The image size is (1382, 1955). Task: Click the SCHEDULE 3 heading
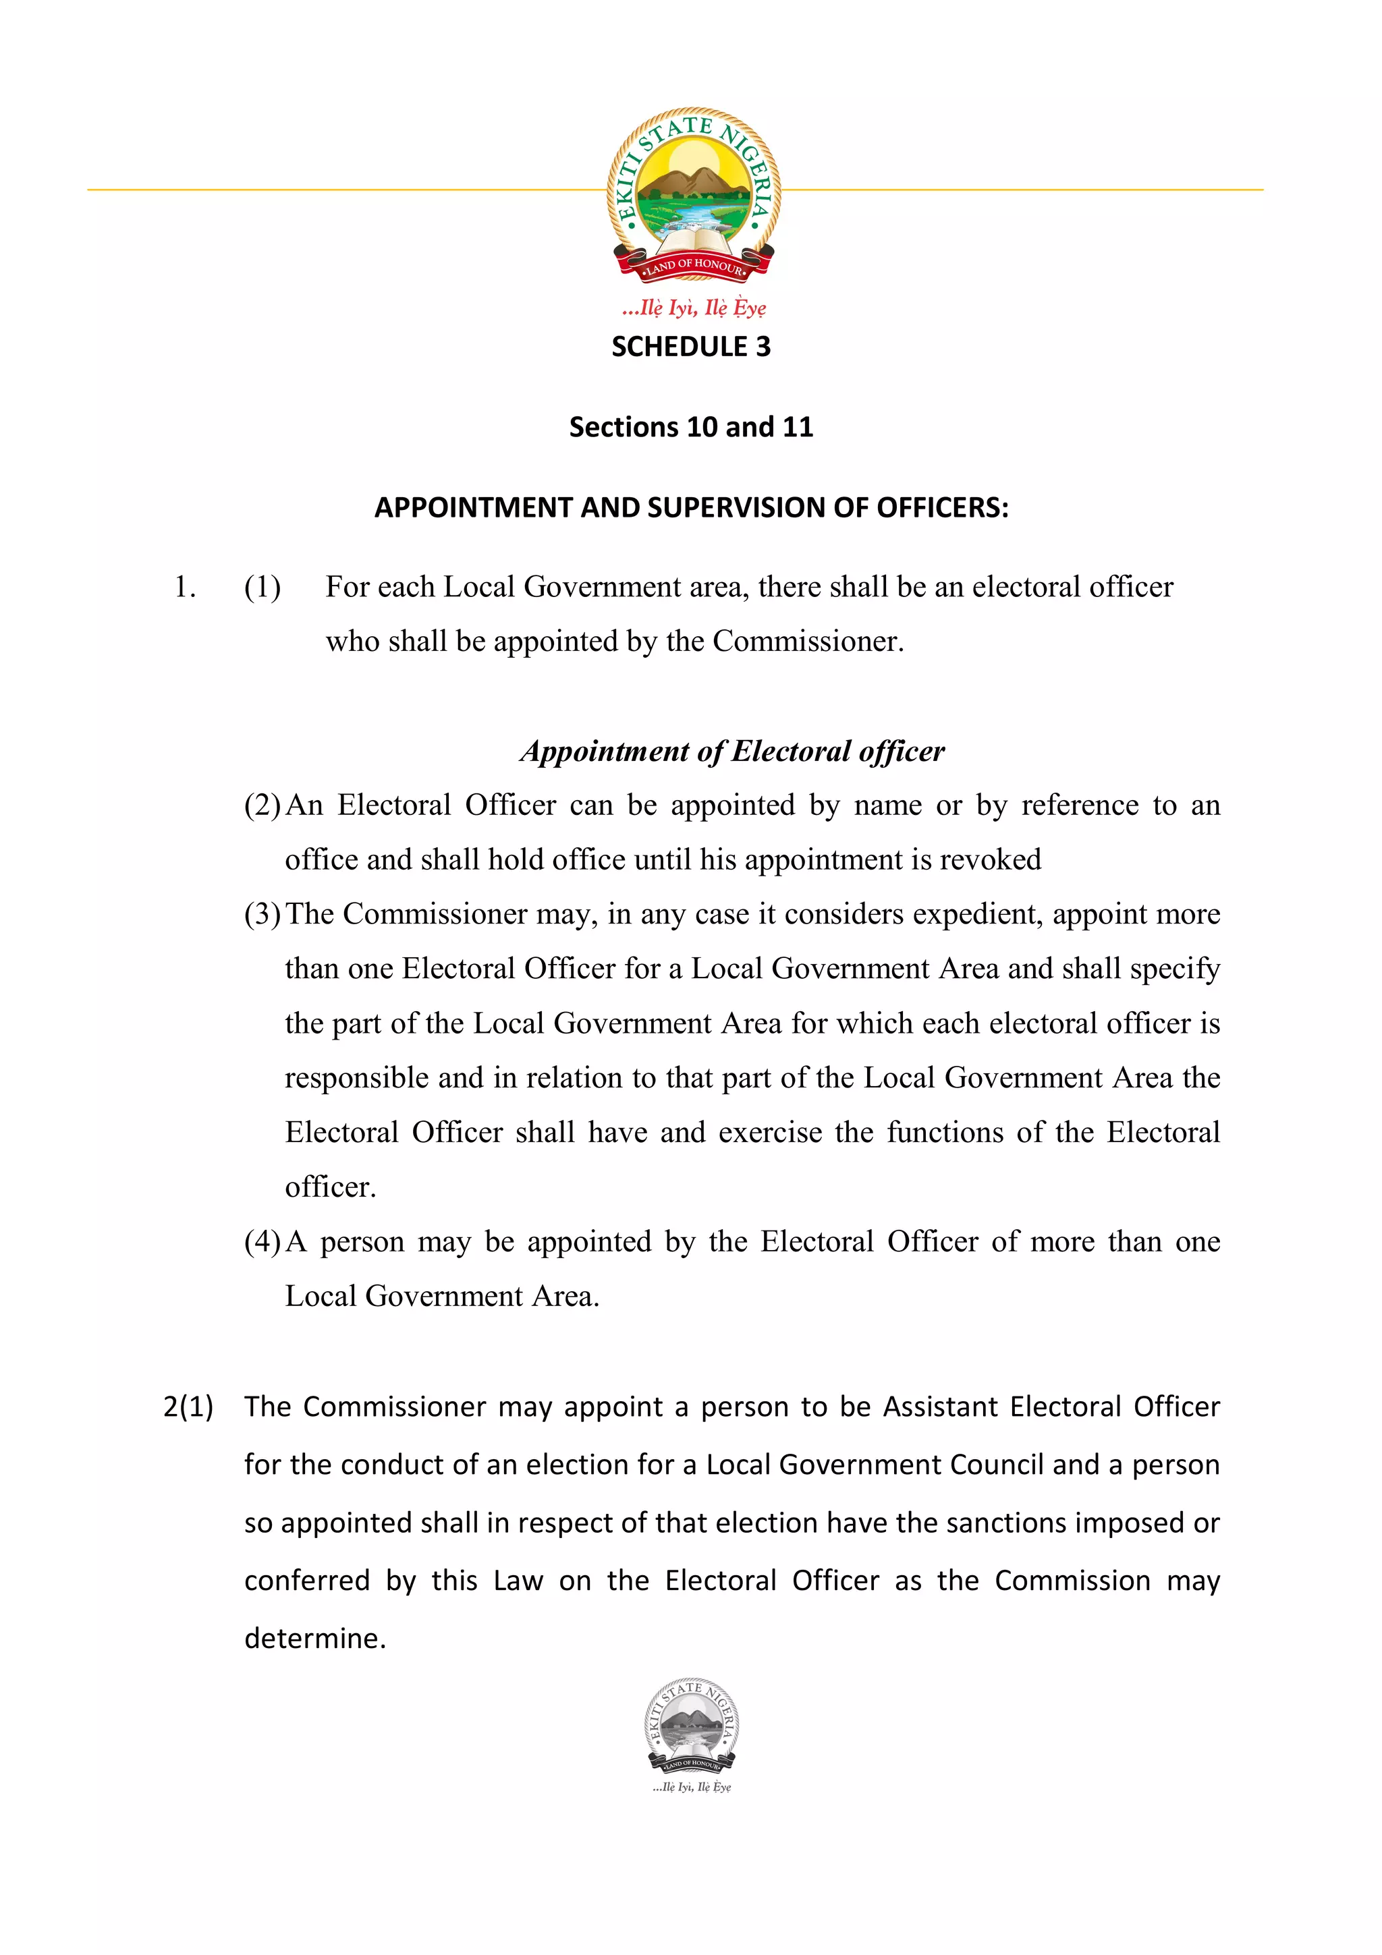[690, 347]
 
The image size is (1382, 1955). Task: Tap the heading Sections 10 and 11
[690, 426]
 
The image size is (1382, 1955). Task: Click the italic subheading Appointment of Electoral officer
[731, 751]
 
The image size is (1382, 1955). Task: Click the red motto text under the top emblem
[693, 308]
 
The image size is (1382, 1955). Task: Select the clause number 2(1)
[188, 1407]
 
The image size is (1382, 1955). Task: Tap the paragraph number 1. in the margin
[185, 588]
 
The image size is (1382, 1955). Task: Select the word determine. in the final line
[315, 1638]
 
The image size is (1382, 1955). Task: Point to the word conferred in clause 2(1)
[306, 1581]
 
